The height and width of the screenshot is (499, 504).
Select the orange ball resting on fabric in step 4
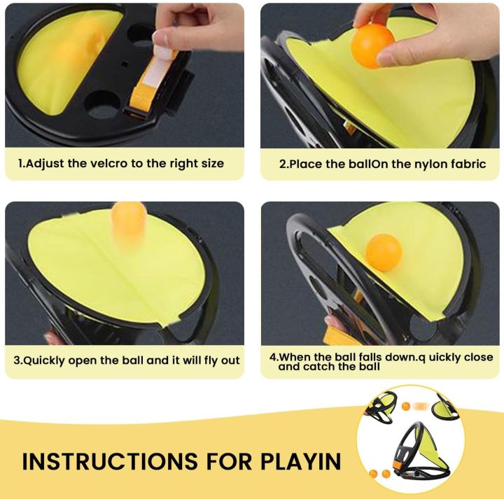point(384,252)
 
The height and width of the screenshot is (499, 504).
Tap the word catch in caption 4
point(323,366)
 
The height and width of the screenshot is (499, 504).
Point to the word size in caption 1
point(211,164)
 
